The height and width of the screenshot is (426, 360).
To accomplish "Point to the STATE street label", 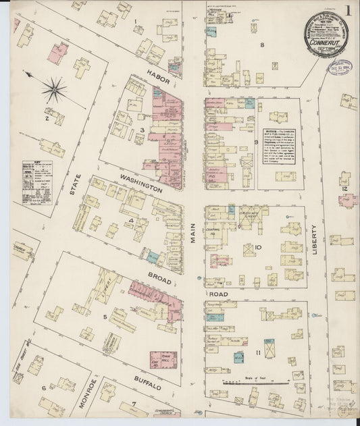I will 75,186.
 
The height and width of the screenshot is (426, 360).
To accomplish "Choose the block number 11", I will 257,352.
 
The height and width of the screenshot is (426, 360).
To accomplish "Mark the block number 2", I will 47,119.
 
